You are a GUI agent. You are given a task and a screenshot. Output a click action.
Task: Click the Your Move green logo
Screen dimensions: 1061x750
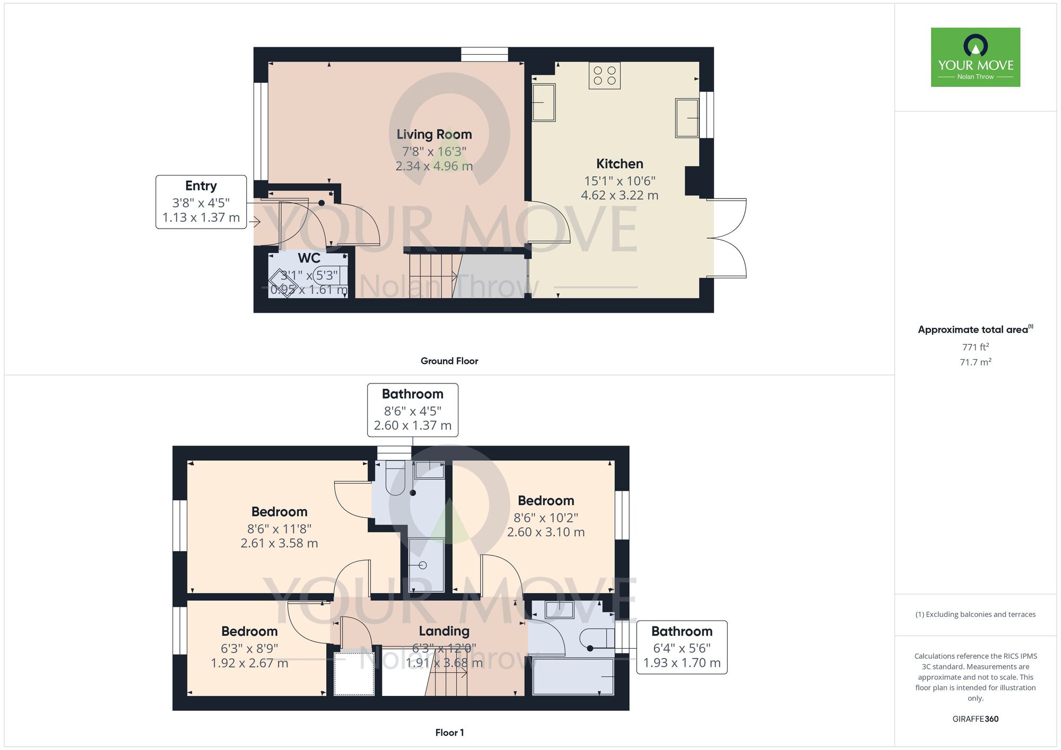coord(976,57)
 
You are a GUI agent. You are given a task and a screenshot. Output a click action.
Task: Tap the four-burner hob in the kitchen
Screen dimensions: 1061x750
coord(605,75)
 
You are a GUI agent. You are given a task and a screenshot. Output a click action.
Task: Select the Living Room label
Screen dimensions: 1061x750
coord(434,135)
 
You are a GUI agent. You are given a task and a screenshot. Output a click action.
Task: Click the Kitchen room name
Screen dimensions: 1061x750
coord(620,164)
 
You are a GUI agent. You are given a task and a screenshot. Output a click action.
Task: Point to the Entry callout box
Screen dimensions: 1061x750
coord(201,202)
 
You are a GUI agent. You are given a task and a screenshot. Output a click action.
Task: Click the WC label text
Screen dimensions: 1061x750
coord(309,258)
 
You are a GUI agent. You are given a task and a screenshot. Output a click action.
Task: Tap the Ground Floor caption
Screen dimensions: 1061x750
coord(449,361)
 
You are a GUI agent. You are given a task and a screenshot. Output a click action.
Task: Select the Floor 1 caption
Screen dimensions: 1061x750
coord(449,732)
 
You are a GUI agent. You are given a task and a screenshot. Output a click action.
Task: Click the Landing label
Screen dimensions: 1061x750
coord(444,631)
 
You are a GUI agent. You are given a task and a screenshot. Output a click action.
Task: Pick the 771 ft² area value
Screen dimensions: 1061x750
coord(976,347)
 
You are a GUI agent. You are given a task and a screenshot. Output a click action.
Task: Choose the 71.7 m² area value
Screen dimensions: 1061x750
coord(976,362)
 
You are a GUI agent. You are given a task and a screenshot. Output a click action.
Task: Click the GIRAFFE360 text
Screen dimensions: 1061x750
coord(976,719)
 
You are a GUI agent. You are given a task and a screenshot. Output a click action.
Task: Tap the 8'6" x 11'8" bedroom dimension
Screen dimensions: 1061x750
coord(279,529)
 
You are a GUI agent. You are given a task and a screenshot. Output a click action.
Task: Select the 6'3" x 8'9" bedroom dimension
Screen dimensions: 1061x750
coord(249,649)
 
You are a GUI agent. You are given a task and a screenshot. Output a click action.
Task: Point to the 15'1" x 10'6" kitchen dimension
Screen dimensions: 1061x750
coord(620,181)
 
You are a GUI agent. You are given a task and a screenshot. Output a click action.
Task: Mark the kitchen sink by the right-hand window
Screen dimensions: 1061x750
coord(687,118)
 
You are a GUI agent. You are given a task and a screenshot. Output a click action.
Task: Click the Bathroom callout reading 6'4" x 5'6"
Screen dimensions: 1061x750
coord(682,648)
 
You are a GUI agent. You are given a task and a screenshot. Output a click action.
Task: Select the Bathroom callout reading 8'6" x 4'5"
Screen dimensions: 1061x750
coord(413,410)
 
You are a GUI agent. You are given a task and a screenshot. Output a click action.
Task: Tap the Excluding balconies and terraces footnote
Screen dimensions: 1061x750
coord(976,615)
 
